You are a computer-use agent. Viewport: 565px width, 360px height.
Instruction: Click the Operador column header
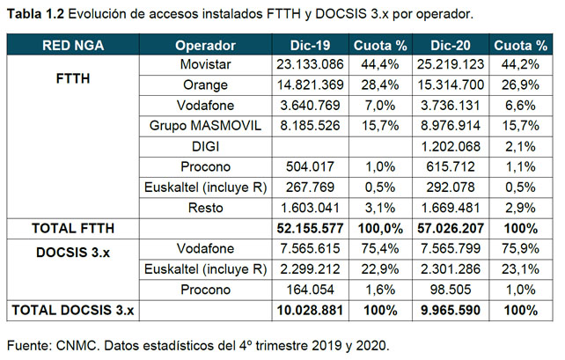pyautogui.click(x=205, y=45)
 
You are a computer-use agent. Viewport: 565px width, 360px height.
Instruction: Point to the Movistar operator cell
pyautogui.click(x=205, y=65)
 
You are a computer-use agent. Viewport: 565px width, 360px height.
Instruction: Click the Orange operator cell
pyautogui.click(x=205, y=85)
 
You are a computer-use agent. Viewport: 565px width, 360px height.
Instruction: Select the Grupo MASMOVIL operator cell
pyautogui.click(x=205, y=126)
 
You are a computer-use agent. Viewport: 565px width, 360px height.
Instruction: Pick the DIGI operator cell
pyautogui.click(x=205, y=146)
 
